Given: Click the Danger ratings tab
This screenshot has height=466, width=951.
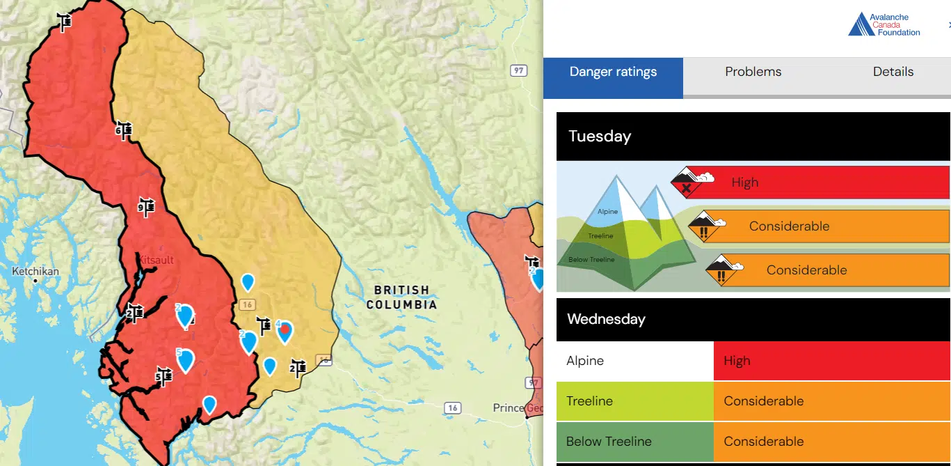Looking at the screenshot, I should (613, 72).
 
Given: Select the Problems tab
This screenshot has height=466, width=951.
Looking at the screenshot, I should (753, 72).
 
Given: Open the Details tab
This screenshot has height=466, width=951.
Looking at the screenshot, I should (893, 72).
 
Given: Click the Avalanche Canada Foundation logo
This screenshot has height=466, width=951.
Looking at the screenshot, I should (884, 25).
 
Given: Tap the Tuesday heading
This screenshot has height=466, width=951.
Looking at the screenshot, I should (600, 137).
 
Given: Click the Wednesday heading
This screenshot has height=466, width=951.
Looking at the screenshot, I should (606, 320).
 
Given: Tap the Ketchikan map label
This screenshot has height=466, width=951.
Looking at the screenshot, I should (35, 272).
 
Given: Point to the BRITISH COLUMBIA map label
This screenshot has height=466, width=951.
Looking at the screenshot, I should (402, 297).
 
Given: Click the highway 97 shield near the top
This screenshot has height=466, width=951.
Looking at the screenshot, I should (518, 70).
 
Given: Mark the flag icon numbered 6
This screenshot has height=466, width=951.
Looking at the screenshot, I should (124, 130).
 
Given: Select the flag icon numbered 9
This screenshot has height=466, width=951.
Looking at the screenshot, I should (146, 207).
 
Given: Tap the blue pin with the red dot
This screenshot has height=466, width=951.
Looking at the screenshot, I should (285, 332).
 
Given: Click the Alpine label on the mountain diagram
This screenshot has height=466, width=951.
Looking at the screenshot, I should (607, 212).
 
